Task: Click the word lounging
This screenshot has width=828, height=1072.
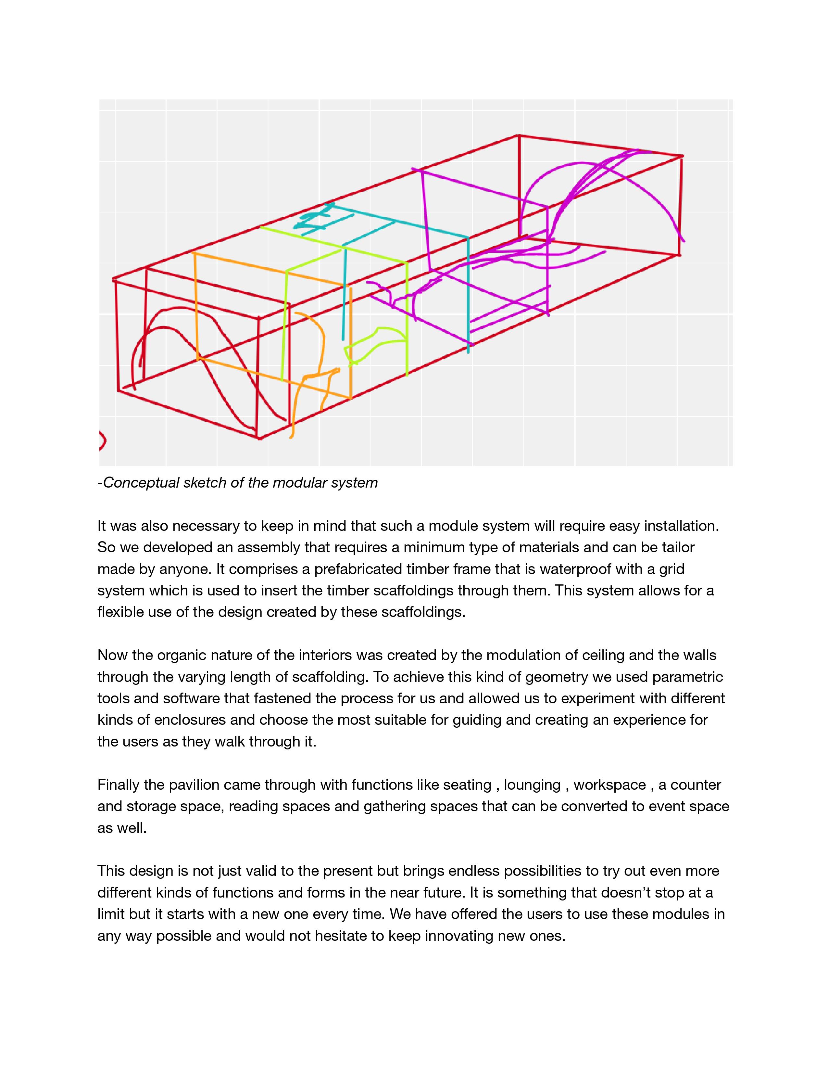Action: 532,785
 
